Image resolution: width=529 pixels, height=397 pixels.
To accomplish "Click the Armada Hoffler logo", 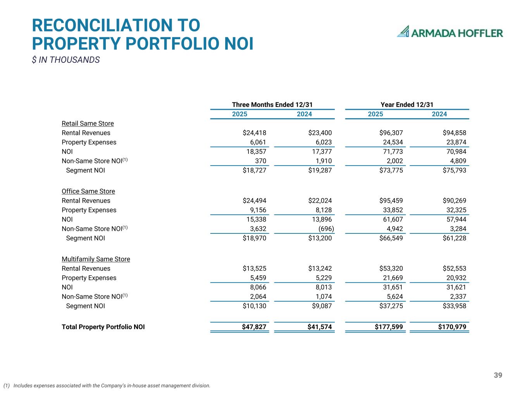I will (450, 32).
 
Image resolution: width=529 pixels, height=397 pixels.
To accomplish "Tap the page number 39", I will (498, 375).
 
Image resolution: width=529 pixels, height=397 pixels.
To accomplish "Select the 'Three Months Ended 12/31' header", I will (272, 105).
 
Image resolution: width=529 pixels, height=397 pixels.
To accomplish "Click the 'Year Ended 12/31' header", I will (407, 105).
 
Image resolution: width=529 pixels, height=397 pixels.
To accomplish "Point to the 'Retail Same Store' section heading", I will (88, 123).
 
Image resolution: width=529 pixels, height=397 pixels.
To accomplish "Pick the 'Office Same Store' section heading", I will (88, 191).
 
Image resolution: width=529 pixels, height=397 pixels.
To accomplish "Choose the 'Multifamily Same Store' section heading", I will (96, 259).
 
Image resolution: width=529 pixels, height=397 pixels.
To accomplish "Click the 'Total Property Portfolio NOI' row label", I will (103, 327).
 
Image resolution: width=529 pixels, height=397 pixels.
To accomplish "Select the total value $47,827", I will (254, 327).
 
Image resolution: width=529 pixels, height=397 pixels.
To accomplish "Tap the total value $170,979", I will (452, 327).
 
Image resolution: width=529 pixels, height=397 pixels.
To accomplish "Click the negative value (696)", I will (326, 229).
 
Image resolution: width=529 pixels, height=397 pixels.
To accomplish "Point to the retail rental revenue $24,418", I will (254, 133).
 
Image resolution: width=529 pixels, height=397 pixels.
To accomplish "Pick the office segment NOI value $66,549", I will (391, 238).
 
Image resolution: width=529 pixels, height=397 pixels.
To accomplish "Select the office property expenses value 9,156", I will (258, 210).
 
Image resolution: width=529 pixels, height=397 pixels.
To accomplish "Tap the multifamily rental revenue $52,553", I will (454, 268).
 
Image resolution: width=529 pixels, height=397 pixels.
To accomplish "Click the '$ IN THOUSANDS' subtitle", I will (66, 60).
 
